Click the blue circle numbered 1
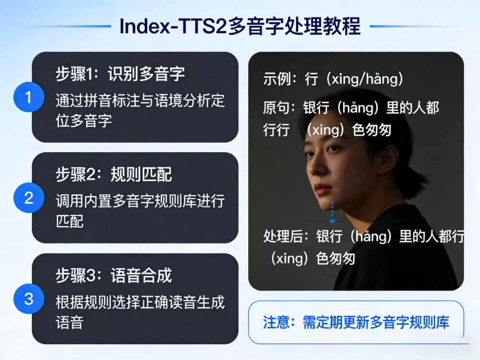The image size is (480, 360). pyautogui.click(x=28, y=97)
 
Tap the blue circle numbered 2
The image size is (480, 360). pyautogui.click(x=28, y=198)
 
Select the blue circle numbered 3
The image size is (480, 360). pyautogui.click(x=28, y=299)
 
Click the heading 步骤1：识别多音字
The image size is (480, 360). pyautogui.click(x=120, y=74)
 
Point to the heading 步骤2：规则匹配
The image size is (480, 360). pyautogui.click(x=114, y=175)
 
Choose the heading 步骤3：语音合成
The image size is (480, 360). pyautogui.click(x=114, y=276)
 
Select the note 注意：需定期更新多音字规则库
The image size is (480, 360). pyautogui.click(x=356, y=322)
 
